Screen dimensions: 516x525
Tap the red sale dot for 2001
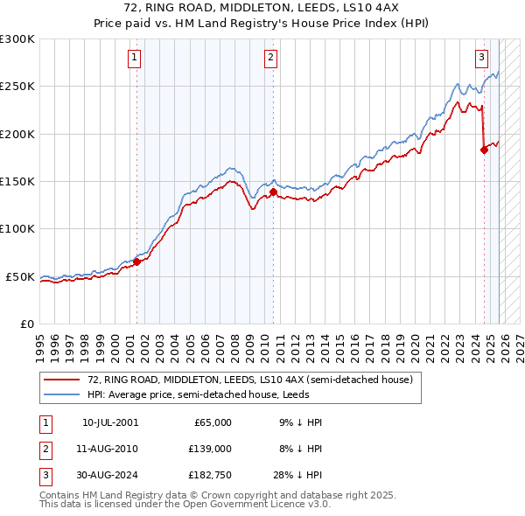[x=137, y=261]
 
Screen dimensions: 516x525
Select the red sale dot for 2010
[x=274, y=192]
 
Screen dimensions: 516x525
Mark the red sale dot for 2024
[x=485, y=150]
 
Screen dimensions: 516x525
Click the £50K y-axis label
[x=20, y=276]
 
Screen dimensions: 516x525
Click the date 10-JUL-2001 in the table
[x=110, y=422]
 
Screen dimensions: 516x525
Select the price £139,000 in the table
[x=210, y=449]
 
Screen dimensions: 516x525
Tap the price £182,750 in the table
[x=210, y=475]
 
